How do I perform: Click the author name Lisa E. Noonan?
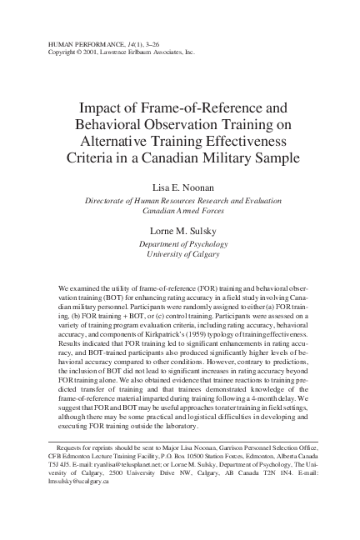point(180,187)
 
